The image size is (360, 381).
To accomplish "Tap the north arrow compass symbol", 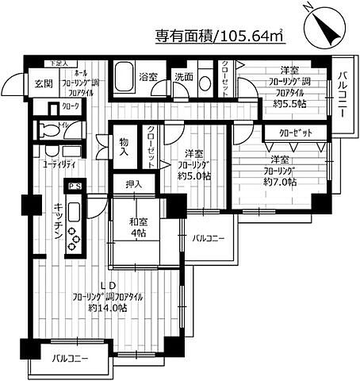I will pos(320,25).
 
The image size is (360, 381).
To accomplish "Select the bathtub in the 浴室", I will pos(124,79).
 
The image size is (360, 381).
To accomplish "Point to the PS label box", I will pos(75,186).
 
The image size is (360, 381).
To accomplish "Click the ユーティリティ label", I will pos(59,164).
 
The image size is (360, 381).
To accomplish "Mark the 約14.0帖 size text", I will pos(105,307).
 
